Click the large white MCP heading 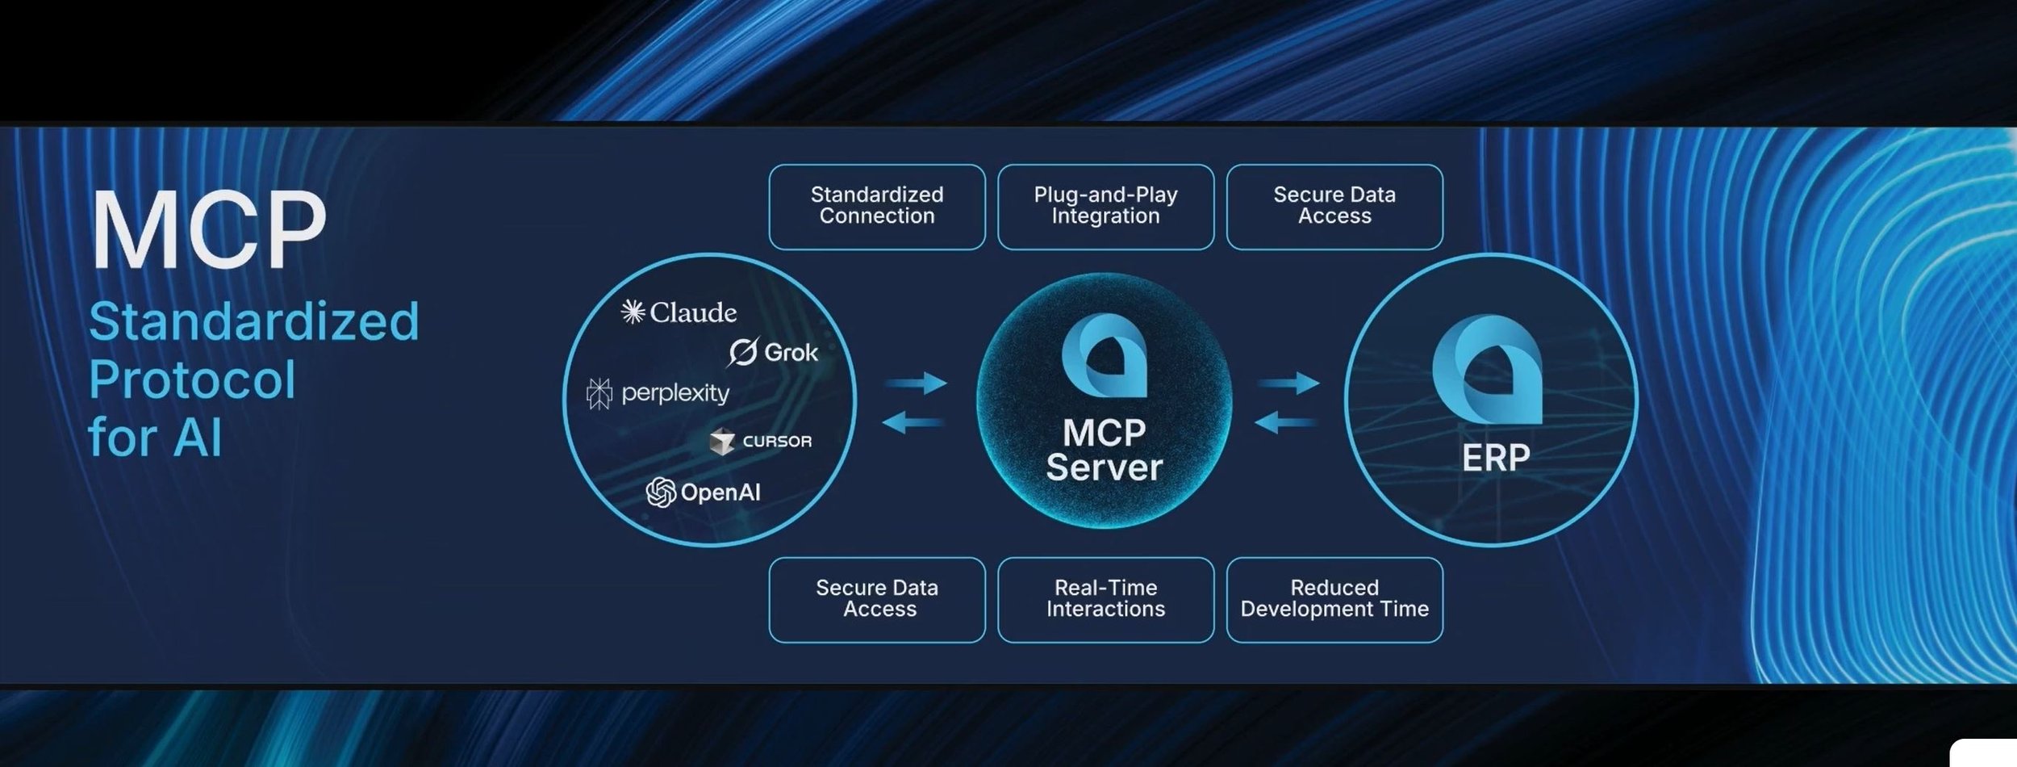tap(209, 230)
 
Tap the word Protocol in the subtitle tap(192, 379)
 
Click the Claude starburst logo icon tap(633, 312)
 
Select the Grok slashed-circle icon tap(743, 352)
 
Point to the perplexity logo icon tap(599, 393)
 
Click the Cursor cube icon tap(722, 442)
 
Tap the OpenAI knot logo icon tap(661, 492)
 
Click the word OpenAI tap(720, 492)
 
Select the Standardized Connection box tap(877, 207)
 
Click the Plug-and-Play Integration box tap(1105, 207)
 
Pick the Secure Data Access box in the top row tap(1334, 207)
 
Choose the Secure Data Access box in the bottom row tap(877, 599)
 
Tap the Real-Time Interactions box tap(1105, 599)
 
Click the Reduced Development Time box tap(1334, 599)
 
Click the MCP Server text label tap(1104, 451)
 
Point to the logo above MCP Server tap(1104, 356)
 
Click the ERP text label tap(1495, 458)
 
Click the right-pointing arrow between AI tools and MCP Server tap(917, 382)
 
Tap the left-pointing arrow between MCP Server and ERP tap(1286, 421)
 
